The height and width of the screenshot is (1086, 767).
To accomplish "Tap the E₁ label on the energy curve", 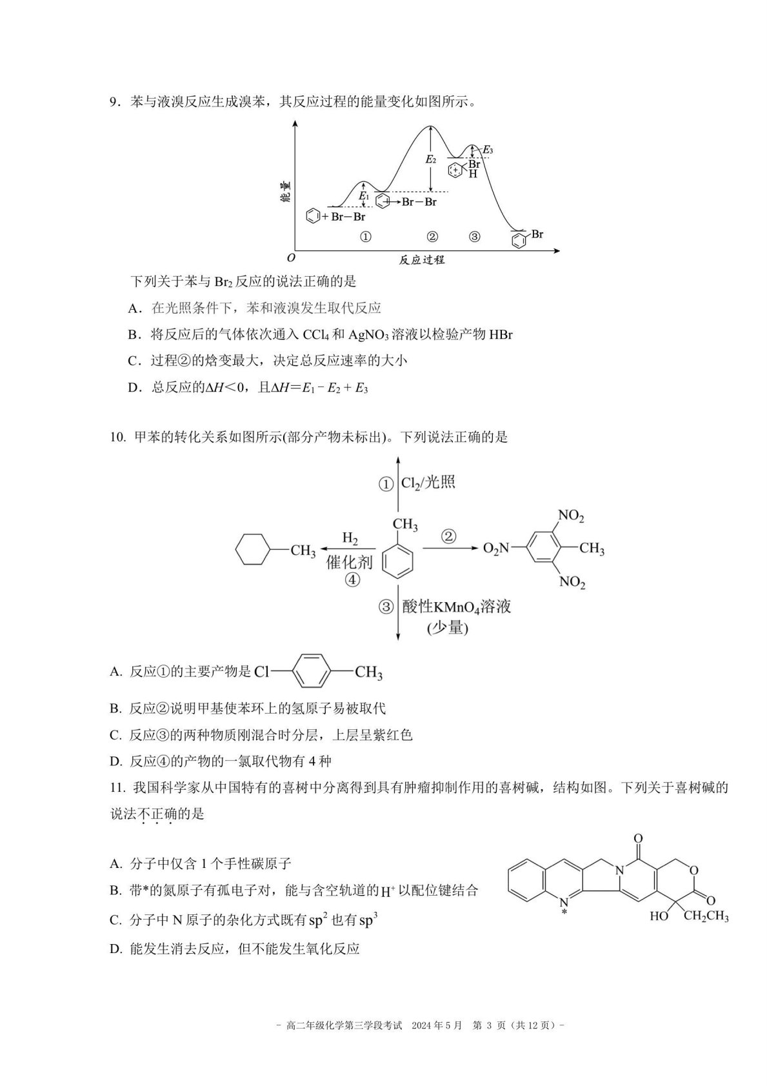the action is (364, 196).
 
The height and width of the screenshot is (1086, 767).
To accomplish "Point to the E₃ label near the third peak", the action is (488, 150).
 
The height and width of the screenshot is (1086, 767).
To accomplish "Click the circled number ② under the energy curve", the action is (432, 237).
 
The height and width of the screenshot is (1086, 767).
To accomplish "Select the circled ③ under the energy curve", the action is (474, 237).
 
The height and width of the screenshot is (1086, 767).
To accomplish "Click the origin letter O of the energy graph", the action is (291, 258).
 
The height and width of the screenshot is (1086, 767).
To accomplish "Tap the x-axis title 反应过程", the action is (421, 260).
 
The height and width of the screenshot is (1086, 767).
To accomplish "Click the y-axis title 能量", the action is (286, 192).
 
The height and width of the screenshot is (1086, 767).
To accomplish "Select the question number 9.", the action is (114, 103).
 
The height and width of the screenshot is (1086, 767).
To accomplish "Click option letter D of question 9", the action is (134, 388).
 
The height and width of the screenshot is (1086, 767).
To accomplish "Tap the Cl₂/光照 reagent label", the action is (428, 483).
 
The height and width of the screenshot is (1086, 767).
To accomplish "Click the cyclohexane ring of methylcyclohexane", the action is (252, 549).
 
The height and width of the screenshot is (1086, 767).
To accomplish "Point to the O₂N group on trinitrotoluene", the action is (496, 548).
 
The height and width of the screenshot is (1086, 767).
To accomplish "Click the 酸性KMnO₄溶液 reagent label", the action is (457, 607).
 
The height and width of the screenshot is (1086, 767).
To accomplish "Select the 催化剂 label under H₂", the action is (350, 562).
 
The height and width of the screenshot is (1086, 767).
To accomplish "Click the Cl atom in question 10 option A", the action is (261, 672).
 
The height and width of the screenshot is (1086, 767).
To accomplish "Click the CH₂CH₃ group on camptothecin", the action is (706, 916).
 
